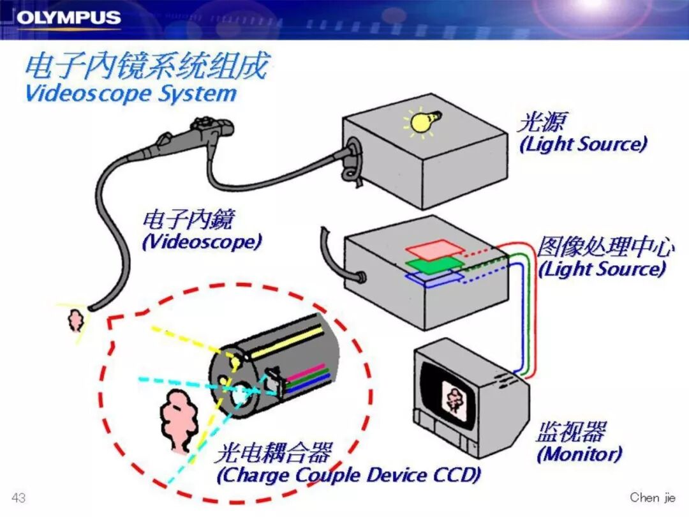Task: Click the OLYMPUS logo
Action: [68, 18]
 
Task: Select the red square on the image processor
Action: [435, 250]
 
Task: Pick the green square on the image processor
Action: [434, 264]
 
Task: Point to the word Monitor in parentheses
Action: [579, 454]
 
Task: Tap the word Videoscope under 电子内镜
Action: [202, 242]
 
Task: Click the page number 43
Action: [19, 497]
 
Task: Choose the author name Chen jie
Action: [653, 497]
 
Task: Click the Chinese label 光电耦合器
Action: [273, 453]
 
